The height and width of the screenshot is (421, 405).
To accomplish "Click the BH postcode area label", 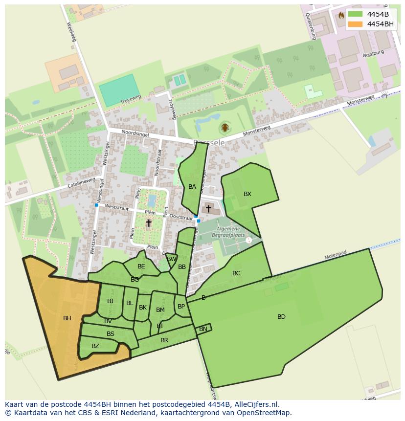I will (67, 318).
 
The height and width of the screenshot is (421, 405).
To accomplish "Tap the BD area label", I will (281, 317).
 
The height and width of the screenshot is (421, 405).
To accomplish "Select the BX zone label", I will (247, 194).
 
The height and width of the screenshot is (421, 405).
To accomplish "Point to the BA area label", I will (192, 187).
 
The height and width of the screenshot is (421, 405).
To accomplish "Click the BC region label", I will (236, 273).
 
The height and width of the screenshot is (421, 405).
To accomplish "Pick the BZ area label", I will (95, 346).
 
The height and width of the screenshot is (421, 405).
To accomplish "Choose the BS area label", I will (111, 334).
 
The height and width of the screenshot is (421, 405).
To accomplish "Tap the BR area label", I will (164, 340).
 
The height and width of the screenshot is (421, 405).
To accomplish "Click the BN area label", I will (203, 329).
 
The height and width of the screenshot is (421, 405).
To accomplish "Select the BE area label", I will (141, 266).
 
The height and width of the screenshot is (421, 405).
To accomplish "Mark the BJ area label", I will (110, 301).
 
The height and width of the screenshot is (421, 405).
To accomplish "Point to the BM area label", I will (160, 310).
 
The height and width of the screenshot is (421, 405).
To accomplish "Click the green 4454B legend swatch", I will (355, 14).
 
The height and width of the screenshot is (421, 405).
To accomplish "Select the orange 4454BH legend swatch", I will (355, 24).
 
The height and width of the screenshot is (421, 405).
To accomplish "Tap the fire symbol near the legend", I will (341, 15).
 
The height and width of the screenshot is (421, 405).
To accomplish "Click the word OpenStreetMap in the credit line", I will (265, 413).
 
